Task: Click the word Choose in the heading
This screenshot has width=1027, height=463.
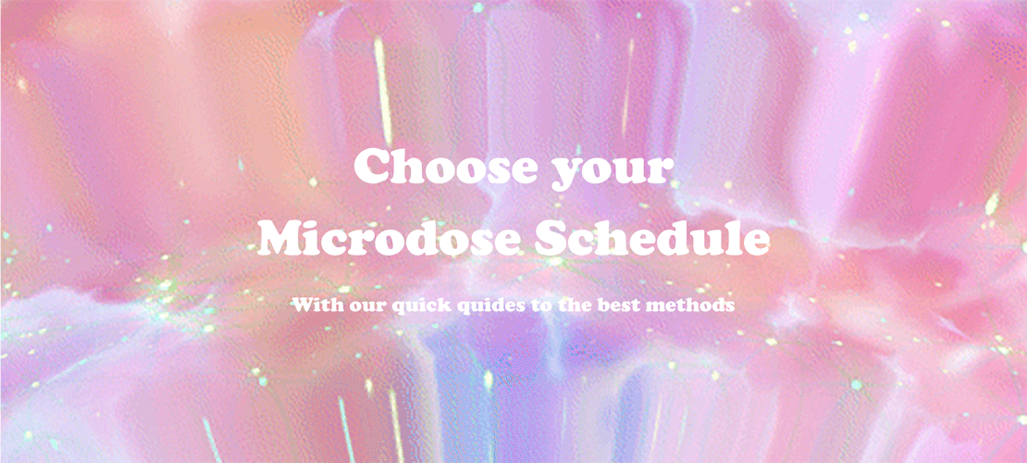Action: (x=439, y=167)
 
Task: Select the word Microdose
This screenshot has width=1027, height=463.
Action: (x=377, y=239)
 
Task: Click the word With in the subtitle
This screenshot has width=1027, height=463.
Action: (x=315, y=304)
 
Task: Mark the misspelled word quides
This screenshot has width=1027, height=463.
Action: (x=488, y=305)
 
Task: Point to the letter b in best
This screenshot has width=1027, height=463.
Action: (x=608, y=304)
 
